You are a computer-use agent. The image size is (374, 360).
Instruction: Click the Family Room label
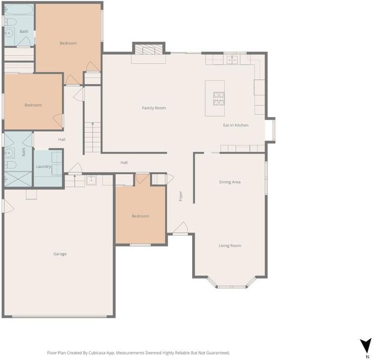click(x=154, y=108)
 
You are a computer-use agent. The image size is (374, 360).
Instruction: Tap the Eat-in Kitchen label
click(x=236, y=125)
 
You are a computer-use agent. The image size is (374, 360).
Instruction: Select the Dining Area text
click(x=230, y=182)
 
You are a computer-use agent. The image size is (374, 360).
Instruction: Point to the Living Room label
click(x=230, y=245)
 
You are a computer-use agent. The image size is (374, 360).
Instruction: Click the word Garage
click(x=60, y=254)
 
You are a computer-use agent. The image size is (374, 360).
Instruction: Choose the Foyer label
click(x=181, y=196)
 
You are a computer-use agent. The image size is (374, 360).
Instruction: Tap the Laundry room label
click(x=43, y=166)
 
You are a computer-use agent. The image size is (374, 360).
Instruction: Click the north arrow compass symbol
click(x=366, y=344)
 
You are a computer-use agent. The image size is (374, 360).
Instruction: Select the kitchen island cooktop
click(x=219, y=99)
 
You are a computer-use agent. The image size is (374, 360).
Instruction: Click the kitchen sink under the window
click(x=232, y=60)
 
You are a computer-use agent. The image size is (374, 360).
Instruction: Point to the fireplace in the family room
click(x=148, y=49)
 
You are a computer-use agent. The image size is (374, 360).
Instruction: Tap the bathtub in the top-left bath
click(x=19, y=10)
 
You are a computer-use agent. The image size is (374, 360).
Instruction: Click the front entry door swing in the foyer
click(x=181, y=227)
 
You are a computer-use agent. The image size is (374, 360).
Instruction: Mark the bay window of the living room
click(x=231, y=283)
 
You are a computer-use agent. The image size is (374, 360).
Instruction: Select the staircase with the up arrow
click(x=93, y=137)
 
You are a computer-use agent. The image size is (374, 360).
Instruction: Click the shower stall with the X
click(x=18, y=179)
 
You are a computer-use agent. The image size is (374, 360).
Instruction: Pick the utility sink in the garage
click(x=91, y=180)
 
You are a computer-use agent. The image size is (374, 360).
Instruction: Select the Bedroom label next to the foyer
click(x=140, y=216)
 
